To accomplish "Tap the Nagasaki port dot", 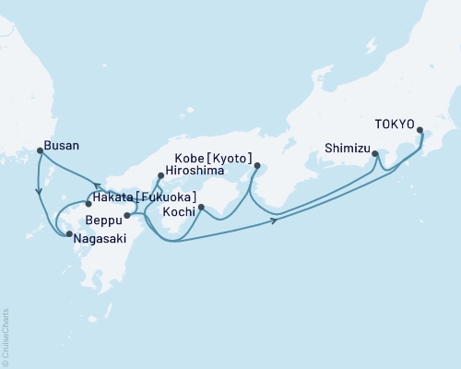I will (69, 234).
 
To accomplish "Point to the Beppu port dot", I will (126, 216).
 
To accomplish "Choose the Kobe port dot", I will (255, 166).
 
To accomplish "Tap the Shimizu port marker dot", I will (374, 154).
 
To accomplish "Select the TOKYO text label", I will (395, 129).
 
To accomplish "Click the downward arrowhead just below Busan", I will (38, 193).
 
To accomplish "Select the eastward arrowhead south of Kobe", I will (275, 220).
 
